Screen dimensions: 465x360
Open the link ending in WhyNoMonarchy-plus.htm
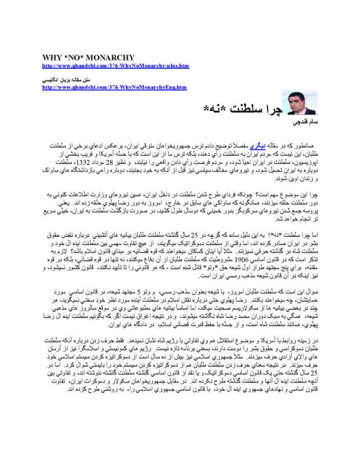click(115, 66)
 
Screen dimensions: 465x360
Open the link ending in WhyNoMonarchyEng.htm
click(114, 87)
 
